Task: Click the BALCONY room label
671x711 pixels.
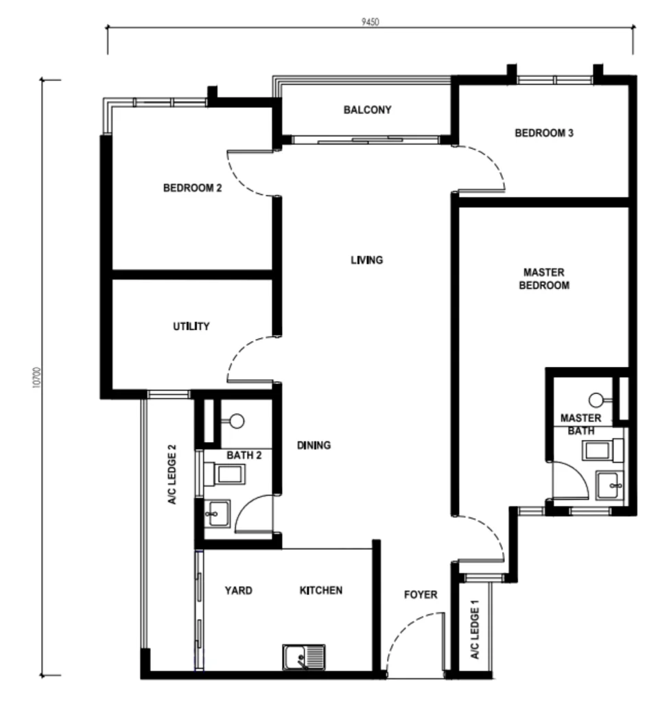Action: tap(367, 110)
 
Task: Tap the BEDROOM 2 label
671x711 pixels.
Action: tap(192, 188)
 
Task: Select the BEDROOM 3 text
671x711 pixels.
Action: tap(544, 133)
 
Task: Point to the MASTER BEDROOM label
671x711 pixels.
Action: tap(544, 279)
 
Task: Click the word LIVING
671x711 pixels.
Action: tap(367, 260)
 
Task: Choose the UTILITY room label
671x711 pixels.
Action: tap(191, 326)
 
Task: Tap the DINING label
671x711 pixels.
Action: tap(314, 445)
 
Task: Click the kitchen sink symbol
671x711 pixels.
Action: tap(304, 657)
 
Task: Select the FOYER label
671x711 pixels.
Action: tap(421, 594)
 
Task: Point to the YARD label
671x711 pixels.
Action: tap(239, 590)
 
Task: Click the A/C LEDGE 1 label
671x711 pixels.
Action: tap(475, 629)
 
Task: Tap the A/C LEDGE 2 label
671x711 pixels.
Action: tap(172, 474)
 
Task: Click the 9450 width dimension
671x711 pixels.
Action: tap(370, 22)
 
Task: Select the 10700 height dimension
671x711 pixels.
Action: tap(37, 377)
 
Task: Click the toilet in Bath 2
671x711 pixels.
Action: tap(224, 474)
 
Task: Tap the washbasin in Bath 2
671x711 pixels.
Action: tap(217, 514)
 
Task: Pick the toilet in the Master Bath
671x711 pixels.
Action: tap(602, 451)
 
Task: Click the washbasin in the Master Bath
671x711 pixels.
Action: tap(610, 485)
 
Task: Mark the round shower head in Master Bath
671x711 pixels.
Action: tap(596, 400)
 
